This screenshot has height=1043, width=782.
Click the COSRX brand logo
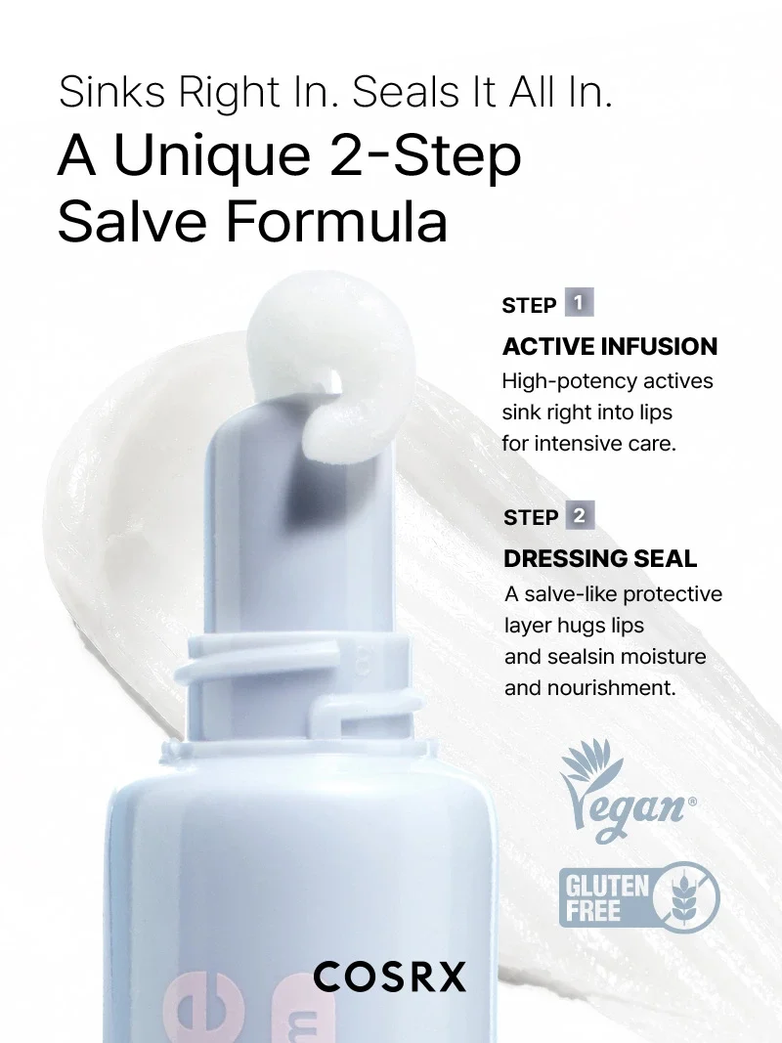click(389, 978)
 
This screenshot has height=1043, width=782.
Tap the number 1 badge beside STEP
click(579, 303)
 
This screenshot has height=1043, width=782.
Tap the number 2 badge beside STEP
click(580, 515)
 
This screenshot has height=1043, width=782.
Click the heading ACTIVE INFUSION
click(610, 346)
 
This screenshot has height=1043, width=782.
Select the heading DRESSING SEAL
click(600, 559)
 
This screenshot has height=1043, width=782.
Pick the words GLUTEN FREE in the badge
click(606, 898)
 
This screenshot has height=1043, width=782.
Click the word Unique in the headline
click(211, 157)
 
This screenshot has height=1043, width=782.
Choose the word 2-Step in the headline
click(424, 157)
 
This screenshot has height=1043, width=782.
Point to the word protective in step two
click(673, 594)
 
